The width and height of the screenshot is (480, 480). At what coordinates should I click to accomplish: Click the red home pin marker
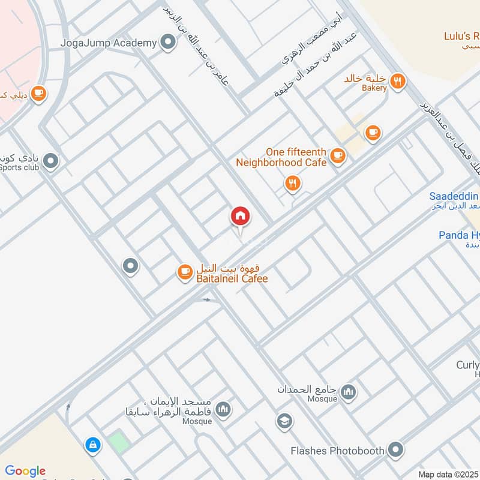(x=241, y=216)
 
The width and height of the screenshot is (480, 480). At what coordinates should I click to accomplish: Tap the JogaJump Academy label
(x=109, y=43)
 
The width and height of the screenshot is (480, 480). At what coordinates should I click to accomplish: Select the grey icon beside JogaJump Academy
(x=169, y=43)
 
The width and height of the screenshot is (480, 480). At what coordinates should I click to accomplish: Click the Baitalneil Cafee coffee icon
(x=184, y=272)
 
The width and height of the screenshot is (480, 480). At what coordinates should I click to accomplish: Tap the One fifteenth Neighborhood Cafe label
(x=281, y=157)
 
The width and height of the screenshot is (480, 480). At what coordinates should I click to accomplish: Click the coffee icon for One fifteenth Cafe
(x=338, y=157)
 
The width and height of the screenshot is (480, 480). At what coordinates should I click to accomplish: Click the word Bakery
(x=374, y=88)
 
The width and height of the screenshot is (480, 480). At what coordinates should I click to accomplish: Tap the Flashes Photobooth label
(x=337, y=450)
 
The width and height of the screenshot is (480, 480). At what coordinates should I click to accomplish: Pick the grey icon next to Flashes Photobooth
(x=395, y=449)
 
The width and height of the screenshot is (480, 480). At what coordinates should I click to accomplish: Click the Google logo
(x=25, y=471)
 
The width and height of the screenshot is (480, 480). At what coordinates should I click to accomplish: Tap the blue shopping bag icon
(x=92, y=445)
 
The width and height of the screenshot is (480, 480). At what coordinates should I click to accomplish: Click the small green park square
(x=119, y=442)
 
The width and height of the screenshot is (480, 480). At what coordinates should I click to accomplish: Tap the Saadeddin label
(x=454, y=196)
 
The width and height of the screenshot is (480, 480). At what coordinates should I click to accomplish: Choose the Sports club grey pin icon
(x=52, y=161)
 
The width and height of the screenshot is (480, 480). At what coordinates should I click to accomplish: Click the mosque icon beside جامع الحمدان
(x=348, y=393)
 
